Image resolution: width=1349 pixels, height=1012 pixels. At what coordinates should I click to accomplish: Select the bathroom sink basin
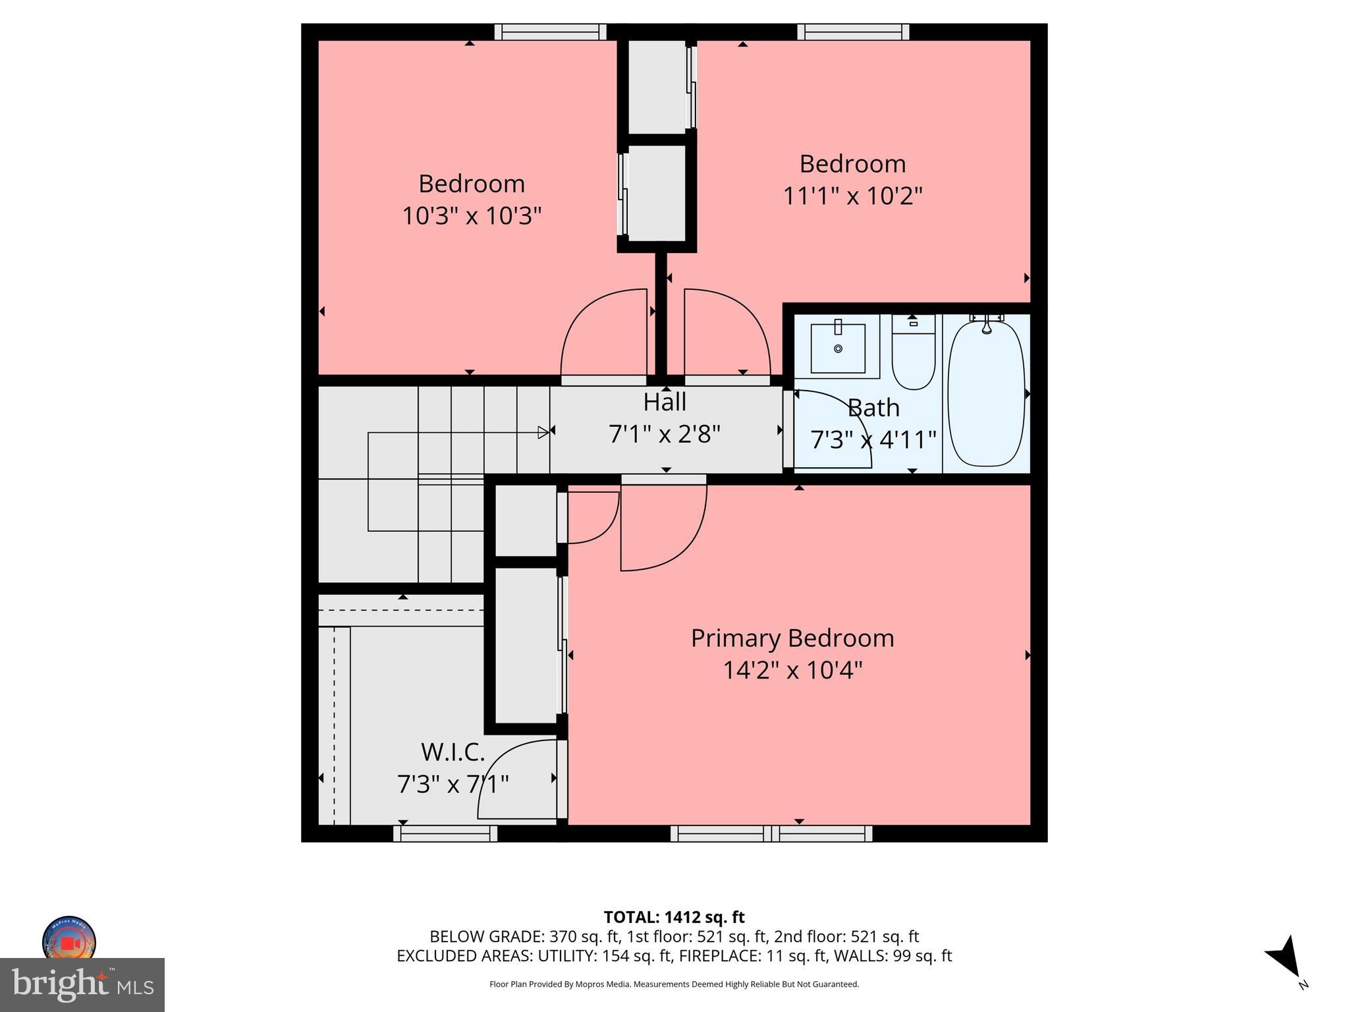click(x=838, y=348)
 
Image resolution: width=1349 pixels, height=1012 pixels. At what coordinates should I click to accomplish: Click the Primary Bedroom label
click(x=792, y=638)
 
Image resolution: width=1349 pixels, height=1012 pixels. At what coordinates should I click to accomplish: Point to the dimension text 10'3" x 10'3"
click(x=472, y=215)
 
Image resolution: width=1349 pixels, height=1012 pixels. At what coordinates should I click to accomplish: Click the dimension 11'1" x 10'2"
click(x=852, y=196)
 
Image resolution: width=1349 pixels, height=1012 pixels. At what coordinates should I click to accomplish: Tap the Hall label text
click(x=665, y=402)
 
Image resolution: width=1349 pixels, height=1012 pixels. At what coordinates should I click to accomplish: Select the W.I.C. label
click(x=453, y=751)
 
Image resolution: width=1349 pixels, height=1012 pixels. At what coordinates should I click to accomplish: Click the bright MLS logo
click(x=82, y=984)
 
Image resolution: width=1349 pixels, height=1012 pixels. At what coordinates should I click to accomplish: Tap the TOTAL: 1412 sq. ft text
click(x=674, y=917)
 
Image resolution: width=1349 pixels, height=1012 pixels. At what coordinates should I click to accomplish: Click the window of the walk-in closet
click(x=445, y=833)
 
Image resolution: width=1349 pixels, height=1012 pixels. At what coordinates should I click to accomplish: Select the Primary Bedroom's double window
click(x=771, y=833)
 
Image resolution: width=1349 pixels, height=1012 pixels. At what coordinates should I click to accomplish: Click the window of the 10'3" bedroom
click(x=550, y=32)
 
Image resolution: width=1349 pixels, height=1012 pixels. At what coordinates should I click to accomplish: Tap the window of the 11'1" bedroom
click(x=853, y=32)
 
